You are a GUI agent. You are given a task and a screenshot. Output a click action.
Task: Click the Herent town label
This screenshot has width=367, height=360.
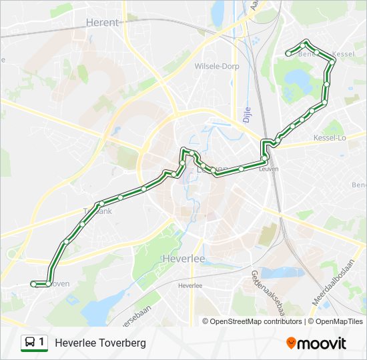point(103,22)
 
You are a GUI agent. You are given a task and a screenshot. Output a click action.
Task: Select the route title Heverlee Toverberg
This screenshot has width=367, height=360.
point(100,343)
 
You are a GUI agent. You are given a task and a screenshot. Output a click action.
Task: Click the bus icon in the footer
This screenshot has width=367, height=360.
point(30,343)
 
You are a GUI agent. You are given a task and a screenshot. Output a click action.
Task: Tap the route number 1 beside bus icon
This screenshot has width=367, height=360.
point(42,343)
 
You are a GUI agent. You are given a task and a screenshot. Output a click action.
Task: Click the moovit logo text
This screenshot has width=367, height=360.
point(322,343)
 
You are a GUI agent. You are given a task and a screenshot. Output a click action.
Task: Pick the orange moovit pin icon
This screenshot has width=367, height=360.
point(292,343)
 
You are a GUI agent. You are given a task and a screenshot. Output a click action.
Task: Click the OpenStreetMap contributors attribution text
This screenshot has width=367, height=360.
point(256,321)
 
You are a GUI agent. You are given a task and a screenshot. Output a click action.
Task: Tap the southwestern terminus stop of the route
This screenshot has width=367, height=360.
point(33,284)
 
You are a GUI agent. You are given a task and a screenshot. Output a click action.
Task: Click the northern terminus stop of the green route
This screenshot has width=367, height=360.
point(288,53)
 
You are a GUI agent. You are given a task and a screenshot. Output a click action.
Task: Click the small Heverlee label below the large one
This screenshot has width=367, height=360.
point(190,285)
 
